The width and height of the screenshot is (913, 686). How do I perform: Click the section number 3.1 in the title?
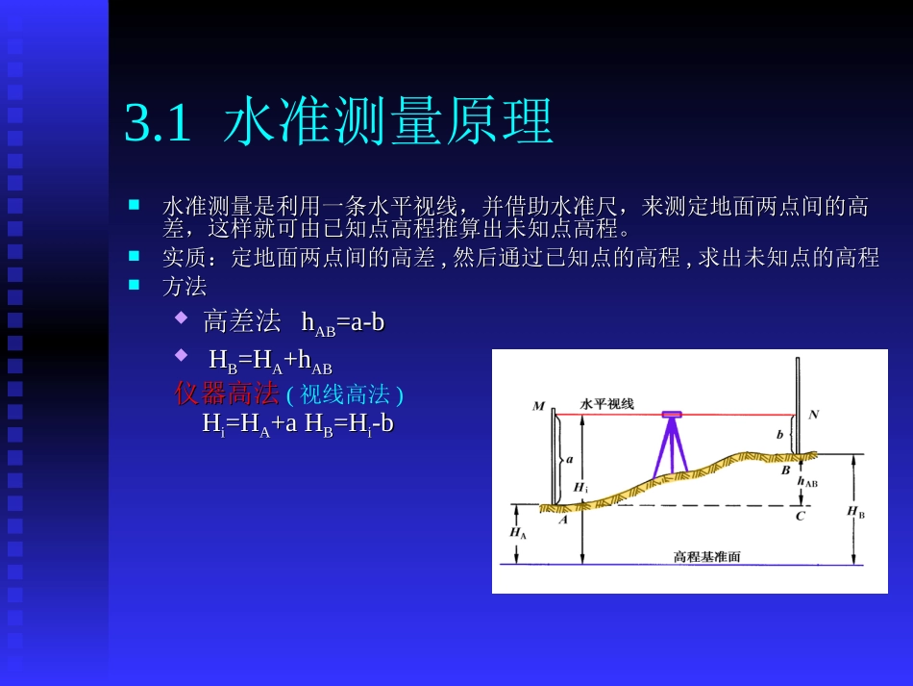(x=159, y=123)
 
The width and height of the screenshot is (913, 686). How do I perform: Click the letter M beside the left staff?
(x=538, y=406)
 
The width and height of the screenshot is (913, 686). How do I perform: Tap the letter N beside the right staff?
(x=814, y=415)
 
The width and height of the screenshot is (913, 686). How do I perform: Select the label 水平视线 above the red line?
(x=606, y=404)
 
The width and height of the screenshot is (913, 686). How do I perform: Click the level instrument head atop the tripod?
(x=672, y=415)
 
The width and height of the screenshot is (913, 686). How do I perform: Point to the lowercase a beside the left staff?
(x=569, y=459)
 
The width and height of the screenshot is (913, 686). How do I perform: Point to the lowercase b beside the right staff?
(x=779, y=434)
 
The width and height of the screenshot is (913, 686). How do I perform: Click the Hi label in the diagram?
(x=580, y=487)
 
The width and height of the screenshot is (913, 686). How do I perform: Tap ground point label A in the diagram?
(x=563, y=520)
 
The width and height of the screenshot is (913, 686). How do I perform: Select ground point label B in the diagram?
(x=785, y=471)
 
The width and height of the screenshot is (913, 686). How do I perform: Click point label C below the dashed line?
(x=800, y=517)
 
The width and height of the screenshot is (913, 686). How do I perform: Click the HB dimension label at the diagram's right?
(x=855, y=512)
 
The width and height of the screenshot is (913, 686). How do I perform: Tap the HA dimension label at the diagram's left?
(x=517, y=532)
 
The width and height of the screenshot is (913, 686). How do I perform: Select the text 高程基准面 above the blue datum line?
(x=706, y=556)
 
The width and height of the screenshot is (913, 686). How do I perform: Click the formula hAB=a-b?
(x=343, y=322)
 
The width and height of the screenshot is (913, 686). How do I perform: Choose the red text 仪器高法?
(x=227, y=393)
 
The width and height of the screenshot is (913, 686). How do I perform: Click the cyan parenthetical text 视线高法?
(x=345, y=394)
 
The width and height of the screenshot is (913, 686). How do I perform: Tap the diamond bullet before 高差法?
(x=181, y=317)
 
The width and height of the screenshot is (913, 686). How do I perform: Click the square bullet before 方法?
(x=135, y=284)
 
